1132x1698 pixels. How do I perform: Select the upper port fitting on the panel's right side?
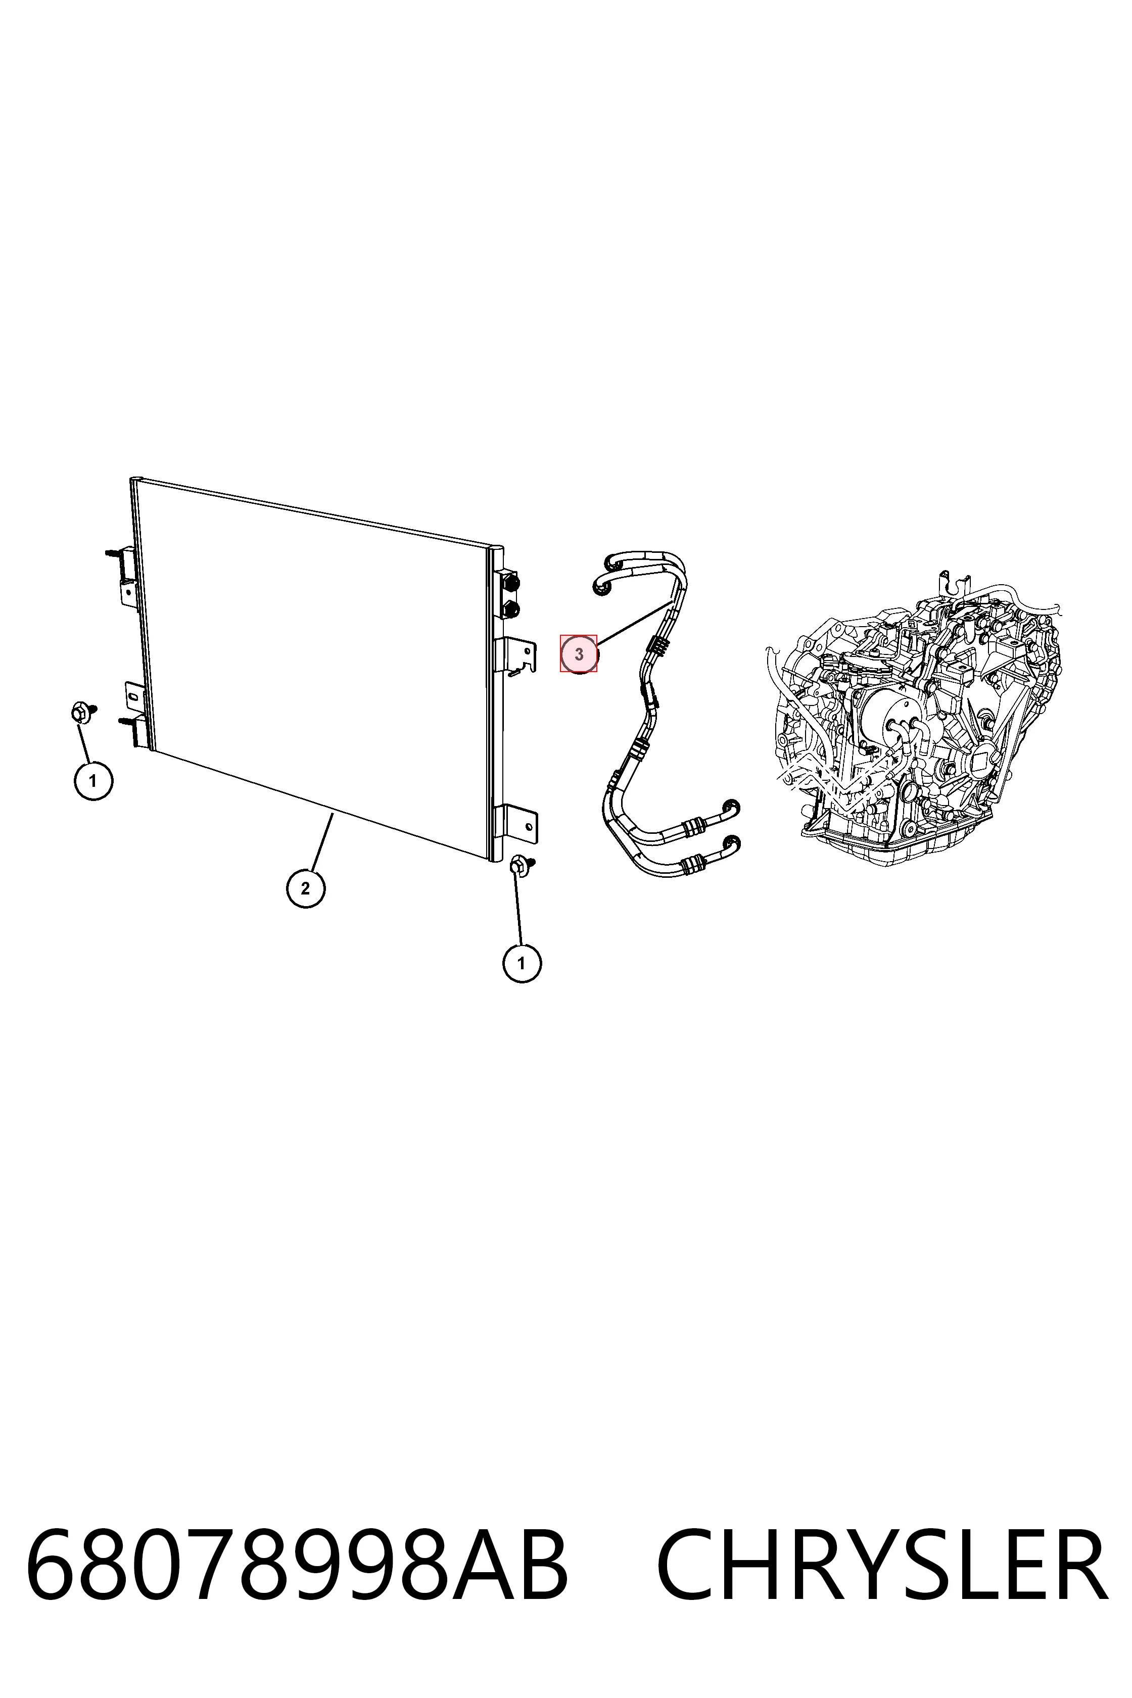pos(511,582)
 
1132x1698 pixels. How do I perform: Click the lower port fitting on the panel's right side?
pos(511,608)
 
